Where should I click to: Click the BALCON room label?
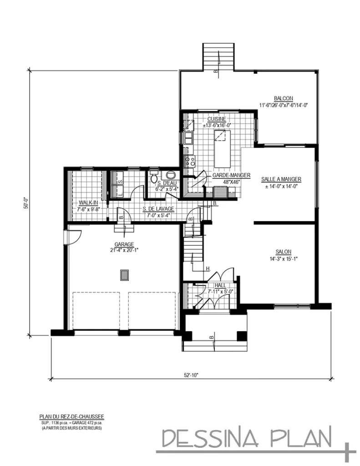coord(283,98)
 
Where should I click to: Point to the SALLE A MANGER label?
coord(281,179)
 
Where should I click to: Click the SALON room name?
coord(283,252)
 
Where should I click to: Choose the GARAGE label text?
coord(124,244)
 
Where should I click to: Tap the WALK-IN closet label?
coord(88,203)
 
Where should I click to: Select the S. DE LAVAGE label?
coord(158,209)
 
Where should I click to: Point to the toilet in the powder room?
coord(153,177)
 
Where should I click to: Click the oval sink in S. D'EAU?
coord(171,177)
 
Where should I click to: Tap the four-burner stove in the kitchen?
coord(189,160)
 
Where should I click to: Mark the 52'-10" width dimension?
coord(191,375)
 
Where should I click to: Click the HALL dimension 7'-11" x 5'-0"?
coord(220,291)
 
